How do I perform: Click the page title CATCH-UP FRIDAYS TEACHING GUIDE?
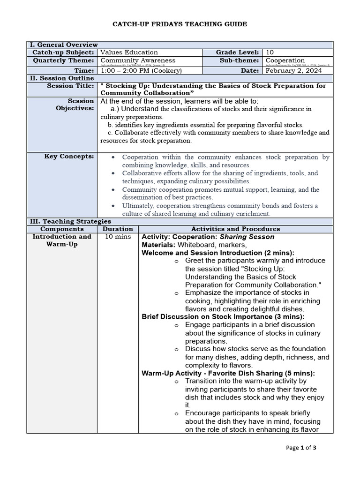pos(180,24)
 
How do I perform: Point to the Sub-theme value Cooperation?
pos(285,60)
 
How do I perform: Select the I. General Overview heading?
pos(64,45)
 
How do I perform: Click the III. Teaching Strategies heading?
pos(70,221)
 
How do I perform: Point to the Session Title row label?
pos(70,86)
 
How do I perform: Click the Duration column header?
pos(118,229)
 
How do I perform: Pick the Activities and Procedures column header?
pos(236,229)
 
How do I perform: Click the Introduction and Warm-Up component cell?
pos(62,240)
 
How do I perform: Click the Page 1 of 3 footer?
pos(301,448)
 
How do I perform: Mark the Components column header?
pos(62,229)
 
